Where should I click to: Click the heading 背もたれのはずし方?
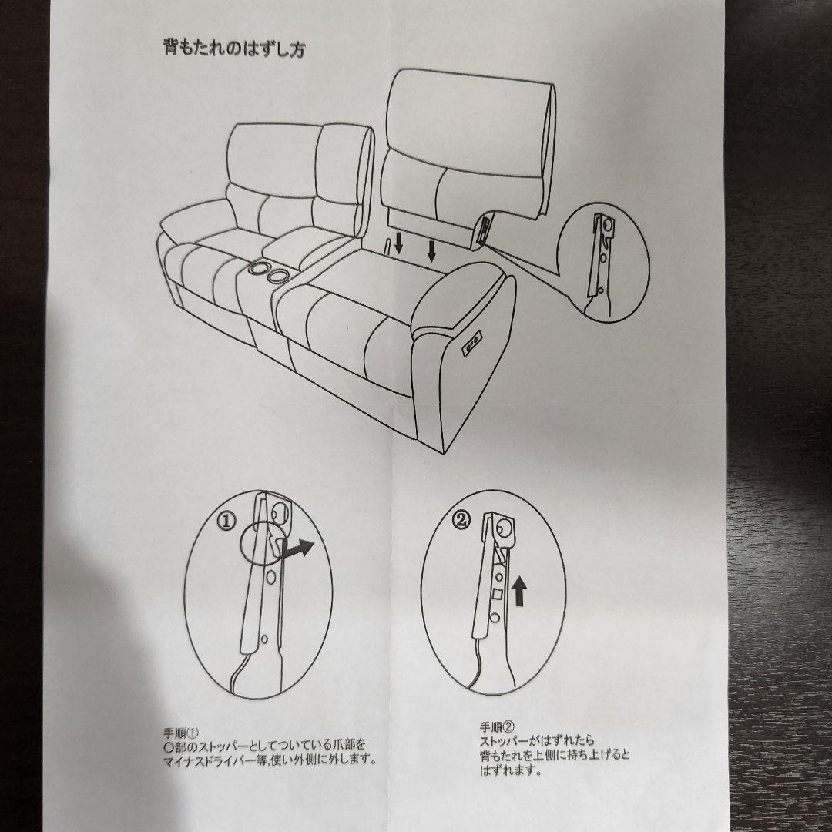234,49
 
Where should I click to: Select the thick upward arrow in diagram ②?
519,592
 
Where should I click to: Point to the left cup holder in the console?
259,268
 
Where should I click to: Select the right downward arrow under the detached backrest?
432,251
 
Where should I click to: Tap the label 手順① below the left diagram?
181,733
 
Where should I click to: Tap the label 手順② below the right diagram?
497,727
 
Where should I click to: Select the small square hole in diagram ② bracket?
498,594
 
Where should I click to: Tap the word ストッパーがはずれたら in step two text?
537,741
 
